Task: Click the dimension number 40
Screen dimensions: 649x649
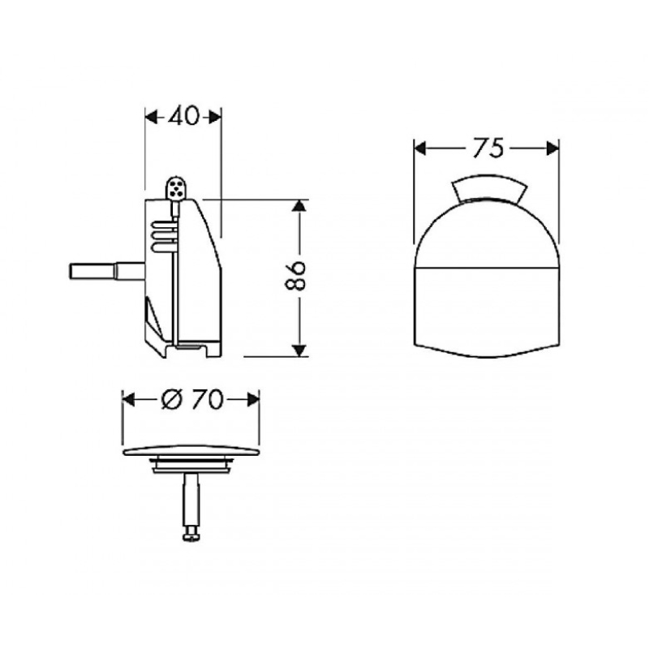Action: [183, 117]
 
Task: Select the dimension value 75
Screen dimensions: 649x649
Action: [488, 148]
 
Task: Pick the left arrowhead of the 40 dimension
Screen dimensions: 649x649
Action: [152, 117]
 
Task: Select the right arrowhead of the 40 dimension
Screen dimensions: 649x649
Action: [215, 117]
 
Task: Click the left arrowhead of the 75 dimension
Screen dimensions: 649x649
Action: [420, 148]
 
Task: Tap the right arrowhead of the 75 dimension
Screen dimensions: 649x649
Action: [552, 148]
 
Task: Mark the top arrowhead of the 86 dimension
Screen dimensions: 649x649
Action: [299, 206]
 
